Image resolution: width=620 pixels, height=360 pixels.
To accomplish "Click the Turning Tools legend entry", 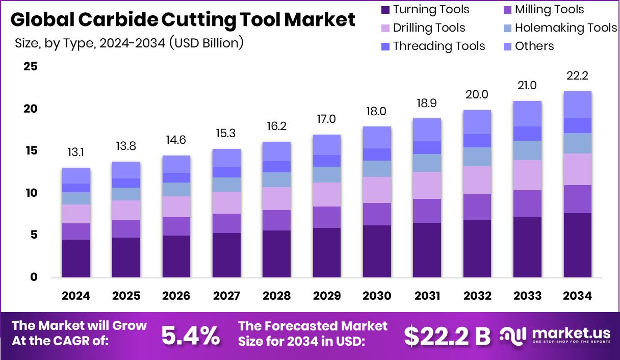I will pyautogui.click(x=424, y=10).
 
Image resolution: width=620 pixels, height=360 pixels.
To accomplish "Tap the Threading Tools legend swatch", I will pyautogui.click(x=385, y=46).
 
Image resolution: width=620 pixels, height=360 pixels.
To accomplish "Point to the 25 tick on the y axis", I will pyautogui.click(x=31, y=66).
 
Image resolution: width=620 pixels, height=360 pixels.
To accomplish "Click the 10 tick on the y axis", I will pyautogui.click(x=31, y=193).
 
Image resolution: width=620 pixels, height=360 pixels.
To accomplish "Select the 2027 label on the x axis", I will pyautogui.click(x=226, y=296).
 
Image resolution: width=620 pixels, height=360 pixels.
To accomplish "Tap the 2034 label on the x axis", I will pyautogui.click(x=577, y=296).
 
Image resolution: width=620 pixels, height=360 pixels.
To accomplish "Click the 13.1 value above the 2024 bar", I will pyautogui.click(x=76, y=152).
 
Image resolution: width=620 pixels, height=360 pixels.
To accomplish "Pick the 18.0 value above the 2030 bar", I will pyautogui.click(x=377, y=111).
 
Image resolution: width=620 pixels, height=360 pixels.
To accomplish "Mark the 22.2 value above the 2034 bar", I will pyautogui.click(x=577, y=75).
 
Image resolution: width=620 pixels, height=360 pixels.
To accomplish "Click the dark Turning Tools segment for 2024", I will pyautogui.click(x=76, y=259).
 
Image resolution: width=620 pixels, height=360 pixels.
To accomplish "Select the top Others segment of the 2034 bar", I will pyautogui.click(x=577, y=105).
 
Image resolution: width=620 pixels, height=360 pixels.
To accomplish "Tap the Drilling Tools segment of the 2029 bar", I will pyautogui.click(x=327, y=194).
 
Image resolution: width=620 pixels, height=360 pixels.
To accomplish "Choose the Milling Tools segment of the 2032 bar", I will pyautogui.click(x=477, y=207).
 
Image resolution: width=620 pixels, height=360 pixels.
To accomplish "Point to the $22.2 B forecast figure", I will pyautogui.click(x=447, y=335).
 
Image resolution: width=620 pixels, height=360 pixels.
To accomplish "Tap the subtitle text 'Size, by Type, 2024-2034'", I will pyautogui.click(x=89, y=43).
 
